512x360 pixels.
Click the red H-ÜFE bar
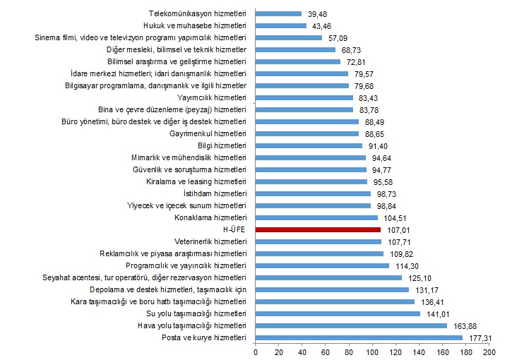318,229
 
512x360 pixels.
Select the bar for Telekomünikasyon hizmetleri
278,13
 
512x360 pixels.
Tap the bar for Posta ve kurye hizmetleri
359,337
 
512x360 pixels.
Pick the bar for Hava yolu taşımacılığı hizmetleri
351,325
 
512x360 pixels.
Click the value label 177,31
480,337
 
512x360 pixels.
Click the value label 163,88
464,325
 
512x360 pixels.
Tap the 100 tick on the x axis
372,351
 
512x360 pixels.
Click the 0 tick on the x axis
256,351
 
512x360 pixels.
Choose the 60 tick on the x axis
326,351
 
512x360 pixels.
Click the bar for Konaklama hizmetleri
316,217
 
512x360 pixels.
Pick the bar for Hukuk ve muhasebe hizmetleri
280,25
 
